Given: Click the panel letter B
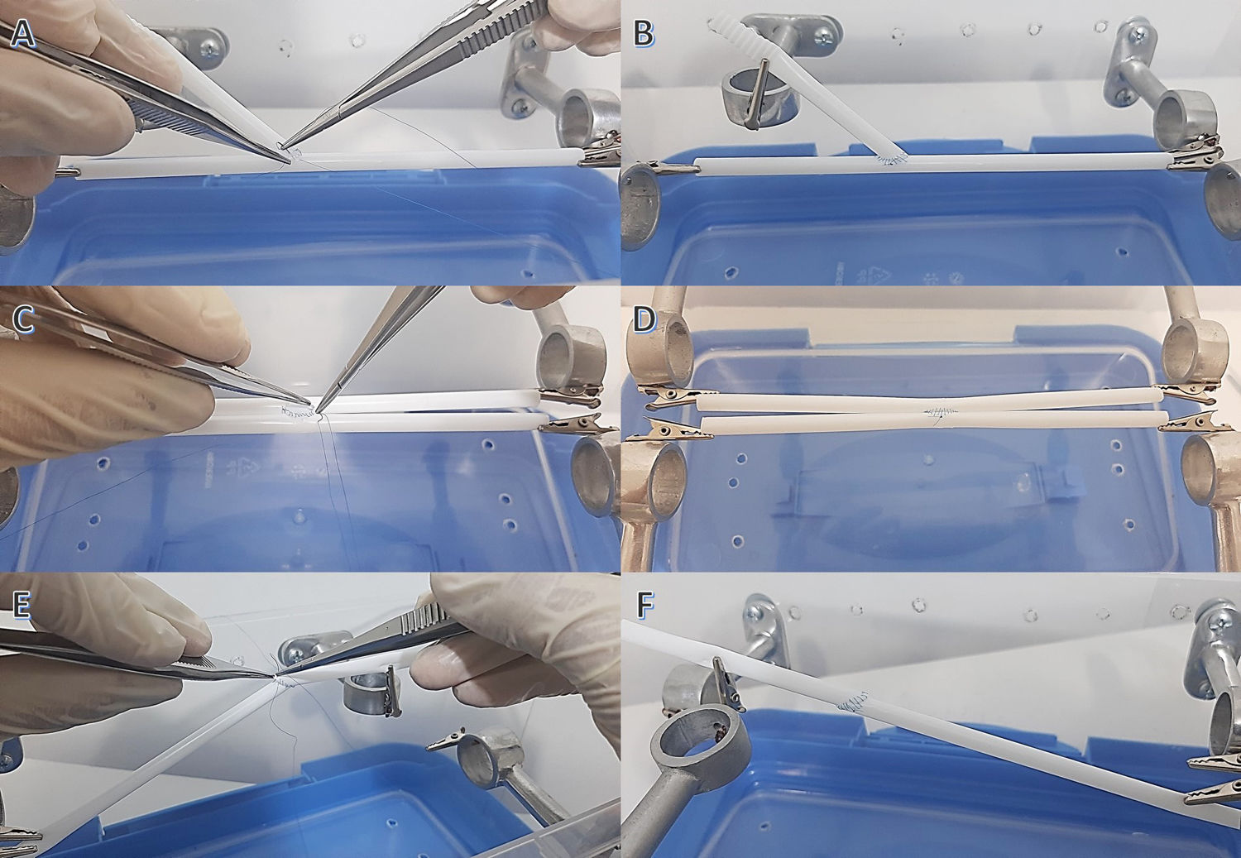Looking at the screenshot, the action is [x=643, y=32].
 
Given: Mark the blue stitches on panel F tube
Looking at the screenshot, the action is [x=853, y=702].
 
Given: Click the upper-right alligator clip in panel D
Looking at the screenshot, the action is [x=1182, y=392].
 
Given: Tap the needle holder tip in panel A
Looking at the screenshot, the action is [x=283, y=146].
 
